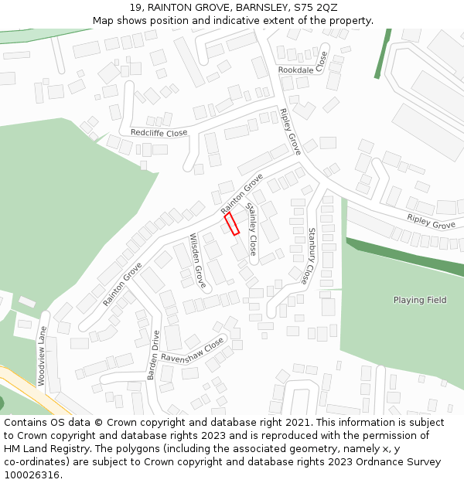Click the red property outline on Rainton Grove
tap(231, 224)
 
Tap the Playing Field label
tap(420, 300)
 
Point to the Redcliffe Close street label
tap(159, 133)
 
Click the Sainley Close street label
tap(251, 229)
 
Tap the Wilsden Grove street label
tap(198, 260)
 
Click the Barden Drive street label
tap(152, 355)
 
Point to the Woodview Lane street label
tap(42, 355)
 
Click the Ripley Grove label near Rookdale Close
tap(290, 131)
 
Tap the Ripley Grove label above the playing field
tap(431, 221)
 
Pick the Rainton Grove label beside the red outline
tap(241, 194)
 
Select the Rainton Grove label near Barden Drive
tap(122, 283)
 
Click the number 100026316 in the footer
tap(32, 475)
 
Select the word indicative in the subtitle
tap(257, 21)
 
